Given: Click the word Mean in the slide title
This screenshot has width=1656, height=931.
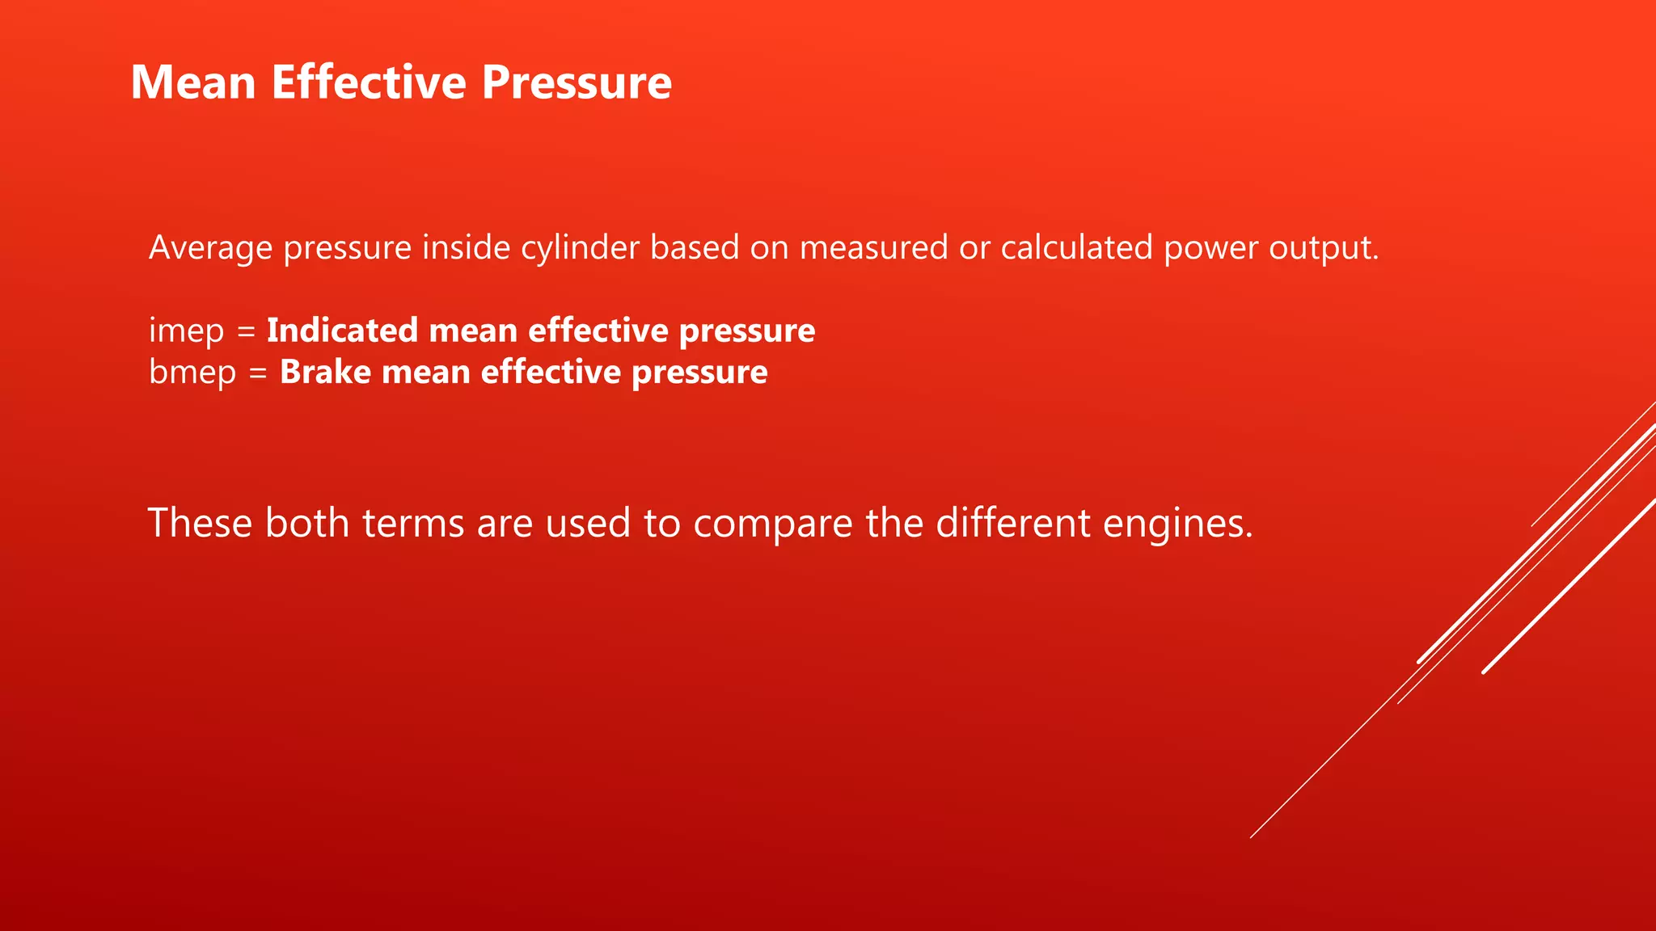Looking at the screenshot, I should pos(193,82).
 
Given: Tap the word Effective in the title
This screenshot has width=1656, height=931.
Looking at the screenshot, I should pos(369,82).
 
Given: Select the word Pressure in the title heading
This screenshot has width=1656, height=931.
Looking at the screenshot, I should pos(577,82).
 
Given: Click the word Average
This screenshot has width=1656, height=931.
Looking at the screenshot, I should pos(210,247).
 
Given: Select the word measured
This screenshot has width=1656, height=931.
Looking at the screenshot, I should pos(873,247).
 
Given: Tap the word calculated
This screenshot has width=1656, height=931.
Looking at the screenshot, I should pos(1076,247).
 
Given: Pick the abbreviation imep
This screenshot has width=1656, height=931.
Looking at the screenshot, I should pos(186,331).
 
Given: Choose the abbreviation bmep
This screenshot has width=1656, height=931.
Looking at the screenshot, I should pos(192,373).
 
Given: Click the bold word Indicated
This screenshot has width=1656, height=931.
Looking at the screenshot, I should pos(342,331).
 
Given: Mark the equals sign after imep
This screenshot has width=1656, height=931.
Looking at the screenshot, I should pos(246,331).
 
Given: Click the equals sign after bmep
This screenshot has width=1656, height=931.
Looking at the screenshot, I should pos(258,373).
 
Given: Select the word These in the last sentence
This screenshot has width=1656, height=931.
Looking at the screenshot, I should pos(200,523).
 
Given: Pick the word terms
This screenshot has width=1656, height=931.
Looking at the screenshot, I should pos(412,523).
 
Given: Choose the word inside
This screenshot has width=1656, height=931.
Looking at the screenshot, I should pos(466,247).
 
